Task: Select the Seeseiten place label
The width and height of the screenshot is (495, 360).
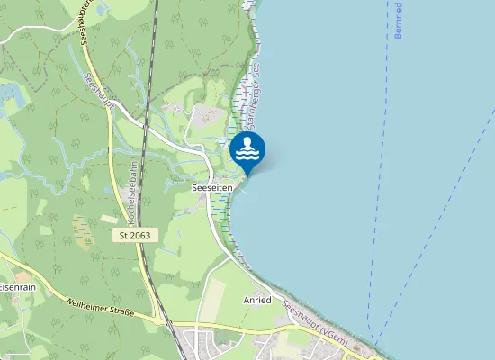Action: [x=213, y=186]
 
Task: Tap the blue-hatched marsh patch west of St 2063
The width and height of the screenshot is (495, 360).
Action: [x=82, y=230]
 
